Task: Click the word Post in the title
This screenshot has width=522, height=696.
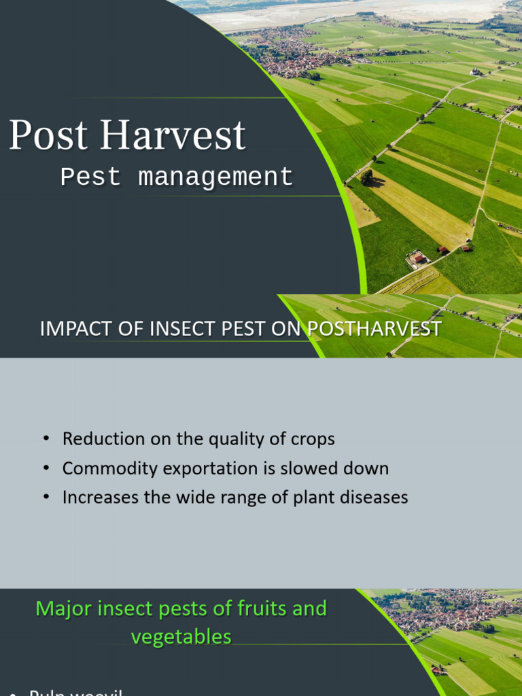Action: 50,135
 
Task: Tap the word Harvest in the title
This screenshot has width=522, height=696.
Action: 173,135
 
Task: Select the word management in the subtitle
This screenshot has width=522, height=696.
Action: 215,177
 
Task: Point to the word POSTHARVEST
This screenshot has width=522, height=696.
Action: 375,329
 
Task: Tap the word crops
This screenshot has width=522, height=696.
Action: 313,439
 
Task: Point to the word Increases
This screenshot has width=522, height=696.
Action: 99,498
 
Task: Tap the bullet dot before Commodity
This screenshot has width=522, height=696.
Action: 46,468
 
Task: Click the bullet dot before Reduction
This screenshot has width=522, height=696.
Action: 46,439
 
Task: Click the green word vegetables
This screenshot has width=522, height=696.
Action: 181,637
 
